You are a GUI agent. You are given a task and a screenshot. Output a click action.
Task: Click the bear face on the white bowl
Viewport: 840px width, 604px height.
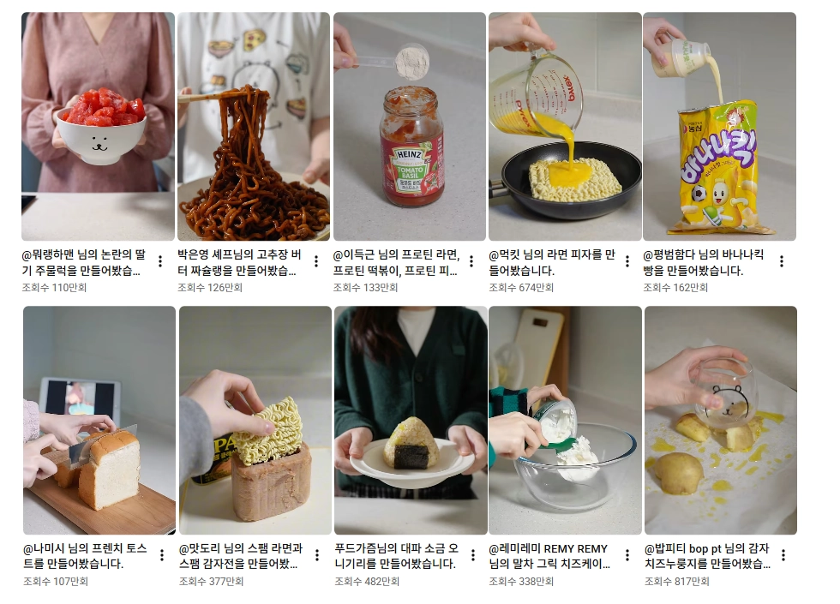100,143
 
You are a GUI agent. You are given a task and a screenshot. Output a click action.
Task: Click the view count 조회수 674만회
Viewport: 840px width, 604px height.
521,288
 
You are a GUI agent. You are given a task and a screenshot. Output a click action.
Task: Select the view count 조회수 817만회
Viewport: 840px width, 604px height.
676,581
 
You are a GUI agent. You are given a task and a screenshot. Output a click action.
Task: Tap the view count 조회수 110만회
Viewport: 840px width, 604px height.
54,288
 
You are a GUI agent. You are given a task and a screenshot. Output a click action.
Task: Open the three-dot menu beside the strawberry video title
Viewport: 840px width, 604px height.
160,261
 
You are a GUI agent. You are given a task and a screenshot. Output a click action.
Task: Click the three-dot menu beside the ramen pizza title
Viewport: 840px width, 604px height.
627,261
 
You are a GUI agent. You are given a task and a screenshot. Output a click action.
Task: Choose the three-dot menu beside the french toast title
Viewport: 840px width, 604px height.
162,555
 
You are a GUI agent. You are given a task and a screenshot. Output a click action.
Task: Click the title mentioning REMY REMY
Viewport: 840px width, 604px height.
549,556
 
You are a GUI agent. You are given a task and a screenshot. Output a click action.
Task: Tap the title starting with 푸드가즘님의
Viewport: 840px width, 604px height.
396,556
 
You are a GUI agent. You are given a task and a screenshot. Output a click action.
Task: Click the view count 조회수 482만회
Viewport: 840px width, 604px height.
367,581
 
